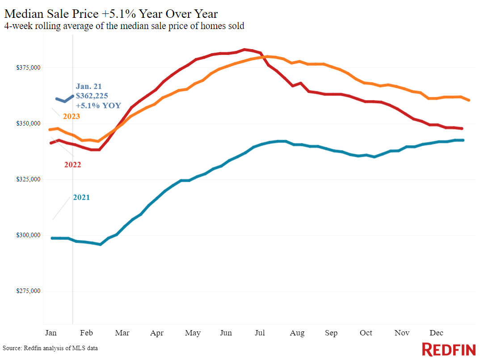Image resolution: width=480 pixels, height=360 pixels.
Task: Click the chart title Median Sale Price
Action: (x=111, y=13)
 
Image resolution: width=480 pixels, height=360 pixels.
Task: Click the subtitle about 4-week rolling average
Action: (x=124, y=26)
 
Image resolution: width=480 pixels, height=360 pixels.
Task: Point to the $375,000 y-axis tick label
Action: (x=29, y=68)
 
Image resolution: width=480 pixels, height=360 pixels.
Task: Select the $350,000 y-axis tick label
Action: (x=29, y=124)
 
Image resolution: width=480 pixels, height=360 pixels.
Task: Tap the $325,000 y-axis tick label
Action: (x=29, y=180)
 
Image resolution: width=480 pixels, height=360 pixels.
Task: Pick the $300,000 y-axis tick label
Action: (x=29, y=235)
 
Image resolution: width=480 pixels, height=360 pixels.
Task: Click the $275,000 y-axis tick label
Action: (x=29, y=291)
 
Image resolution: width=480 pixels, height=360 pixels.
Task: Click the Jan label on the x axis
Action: (x=51, y=333)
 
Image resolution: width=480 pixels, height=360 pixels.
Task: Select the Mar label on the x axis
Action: (x=122, y=333)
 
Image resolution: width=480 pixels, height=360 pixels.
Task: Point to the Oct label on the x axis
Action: (x=366, y=333)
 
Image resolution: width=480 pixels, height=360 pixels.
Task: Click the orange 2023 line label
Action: (x=71, y=117)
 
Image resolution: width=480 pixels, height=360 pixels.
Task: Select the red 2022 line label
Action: (x=72, y=165)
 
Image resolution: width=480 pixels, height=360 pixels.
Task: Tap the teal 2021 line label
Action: (x=81, y=197)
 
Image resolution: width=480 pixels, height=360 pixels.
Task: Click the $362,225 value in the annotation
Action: (x=92, y=96)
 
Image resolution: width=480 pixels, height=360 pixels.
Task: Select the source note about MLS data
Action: (x=50, y=348)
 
